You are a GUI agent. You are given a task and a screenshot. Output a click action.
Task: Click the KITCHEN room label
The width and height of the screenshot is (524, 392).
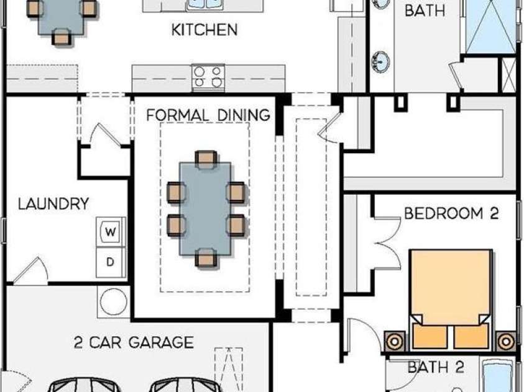pyautogui.click(x=205, y=30)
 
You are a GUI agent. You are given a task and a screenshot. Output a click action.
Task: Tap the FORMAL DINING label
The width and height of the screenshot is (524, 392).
pyautogui.click(x=208, y=115)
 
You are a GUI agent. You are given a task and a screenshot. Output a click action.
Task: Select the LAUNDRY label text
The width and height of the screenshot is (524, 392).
pyautogui.click(x=53, y=203)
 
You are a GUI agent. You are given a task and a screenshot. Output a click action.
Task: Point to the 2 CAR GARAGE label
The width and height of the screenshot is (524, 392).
pyautogui.click(x=134, y=342)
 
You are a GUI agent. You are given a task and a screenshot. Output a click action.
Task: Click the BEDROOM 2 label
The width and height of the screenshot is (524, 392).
pyautogui.click(x=451, y=213)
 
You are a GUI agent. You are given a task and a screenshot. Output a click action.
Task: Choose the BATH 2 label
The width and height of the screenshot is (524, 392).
pyautogui.click(x=436, y=367)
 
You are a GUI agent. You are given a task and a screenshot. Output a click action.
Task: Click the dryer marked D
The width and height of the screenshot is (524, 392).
pyautogui.click(x=111, y=262)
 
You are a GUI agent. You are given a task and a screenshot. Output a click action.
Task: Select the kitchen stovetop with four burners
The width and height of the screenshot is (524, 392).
pyautogui.click(x=208, y=78)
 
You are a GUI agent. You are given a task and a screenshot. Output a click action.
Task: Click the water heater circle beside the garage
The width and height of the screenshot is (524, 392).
pyautogui.click(x=113, y=301)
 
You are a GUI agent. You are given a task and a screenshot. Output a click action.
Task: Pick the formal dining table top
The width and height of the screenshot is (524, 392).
pyautogui.click(x=205, y=209)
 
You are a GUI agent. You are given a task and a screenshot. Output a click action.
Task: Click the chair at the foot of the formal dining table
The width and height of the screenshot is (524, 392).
pyautogui.click(x=206, y=258)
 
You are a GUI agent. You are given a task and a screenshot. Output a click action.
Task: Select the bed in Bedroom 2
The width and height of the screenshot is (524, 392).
pyautogui.click(x=451, y=300)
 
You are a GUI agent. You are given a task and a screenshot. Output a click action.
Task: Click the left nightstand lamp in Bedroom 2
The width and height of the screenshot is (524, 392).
pyautogui.click(x=395, y=342)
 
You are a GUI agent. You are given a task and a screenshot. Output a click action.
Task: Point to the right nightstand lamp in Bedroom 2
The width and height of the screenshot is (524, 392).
pyautogui.click(x=505, y=342)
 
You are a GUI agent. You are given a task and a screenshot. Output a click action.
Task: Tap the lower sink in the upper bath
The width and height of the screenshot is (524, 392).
pyautogui.click(x=380, y=61)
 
